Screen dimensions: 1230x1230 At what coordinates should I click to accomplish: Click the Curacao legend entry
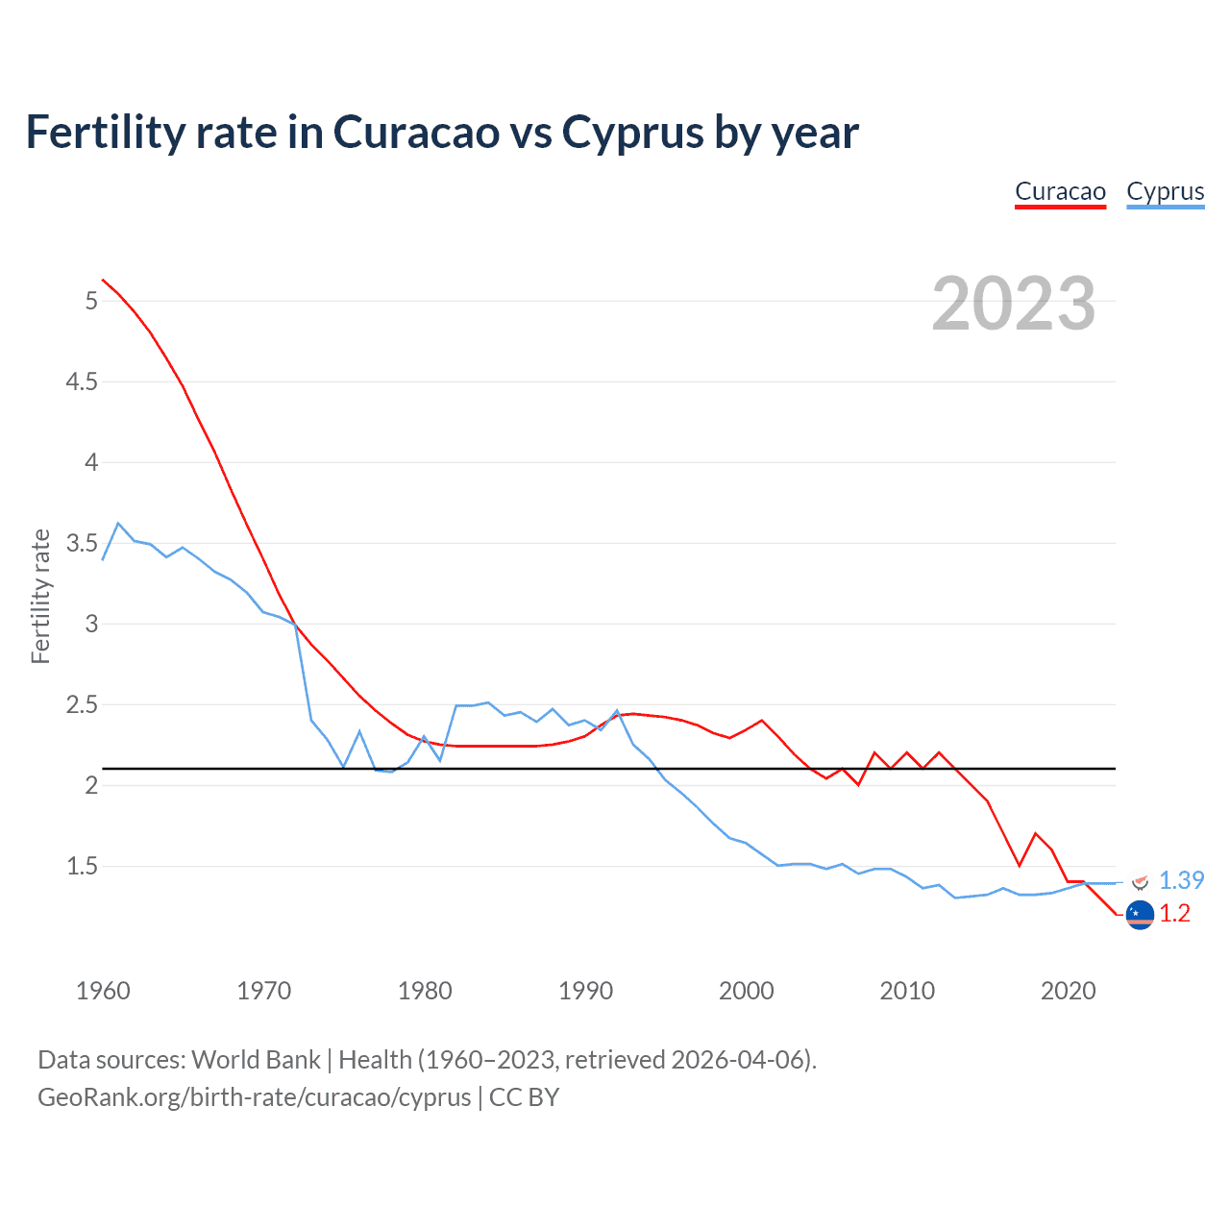[x=1060, y=191]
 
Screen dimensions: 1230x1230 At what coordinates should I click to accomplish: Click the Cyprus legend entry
[x=1165, y=191]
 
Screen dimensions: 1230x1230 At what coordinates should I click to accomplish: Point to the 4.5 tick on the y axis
[x=82, y=382]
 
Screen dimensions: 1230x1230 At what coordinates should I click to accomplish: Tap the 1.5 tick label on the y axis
[x=82, y=867]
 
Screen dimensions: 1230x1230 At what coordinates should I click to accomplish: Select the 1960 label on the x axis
[x=103, y=991]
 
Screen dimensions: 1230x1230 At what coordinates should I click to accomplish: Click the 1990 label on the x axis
[x=585, y=991]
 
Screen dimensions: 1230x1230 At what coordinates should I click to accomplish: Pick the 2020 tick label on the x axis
[x=1068, y=991]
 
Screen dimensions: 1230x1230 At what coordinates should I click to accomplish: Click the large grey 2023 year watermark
[x=1013, y=304]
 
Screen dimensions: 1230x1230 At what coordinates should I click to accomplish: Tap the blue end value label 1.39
[x=1181, y=880]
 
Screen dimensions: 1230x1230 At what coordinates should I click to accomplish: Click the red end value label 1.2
[x=1174, y=914]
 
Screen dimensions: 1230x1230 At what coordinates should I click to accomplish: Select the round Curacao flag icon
[x=1140, y=916]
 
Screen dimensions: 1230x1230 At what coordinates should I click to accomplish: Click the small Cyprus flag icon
[x=1140, y=880]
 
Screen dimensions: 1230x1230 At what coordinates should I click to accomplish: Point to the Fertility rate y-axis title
[x=40, y=596]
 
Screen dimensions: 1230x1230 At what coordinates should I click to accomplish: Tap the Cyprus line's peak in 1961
[x=118, y=524]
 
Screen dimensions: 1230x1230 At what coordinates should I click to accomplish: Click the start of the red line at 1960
[x=103, y=280]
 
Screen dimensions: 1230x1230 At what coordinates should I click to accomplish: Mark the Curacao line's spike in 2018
[x=1035, y=833]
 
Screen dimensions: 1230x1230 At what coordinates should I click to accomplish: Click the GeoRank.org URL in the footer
[x=255, y=1097]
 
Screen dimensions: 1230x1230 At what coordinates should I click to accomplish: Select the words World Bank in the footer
[x=256, y=1060]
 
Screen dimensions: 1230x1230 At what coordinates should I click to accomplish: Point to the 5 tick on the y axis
[x=91, y=302]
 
